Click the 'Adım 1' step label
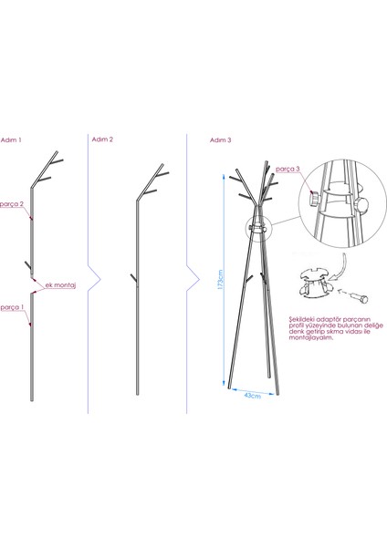[x=13, y=140]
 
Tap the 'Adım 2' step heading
[x=103, y=140]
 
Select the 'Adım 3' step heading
[x=221, y=141]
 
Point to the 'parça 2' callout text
[x=12, y=205]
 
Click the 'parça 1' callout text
[x=12, y=306]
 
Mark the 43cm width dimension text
[x=252, y=397]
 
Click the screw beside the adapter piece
[x=358, y=298]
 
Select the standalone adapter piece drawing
[x=315, y=284]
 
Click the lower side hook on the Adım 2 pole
[x=133, y=275]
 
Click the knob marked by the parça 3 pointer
[x=313, y=198]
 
